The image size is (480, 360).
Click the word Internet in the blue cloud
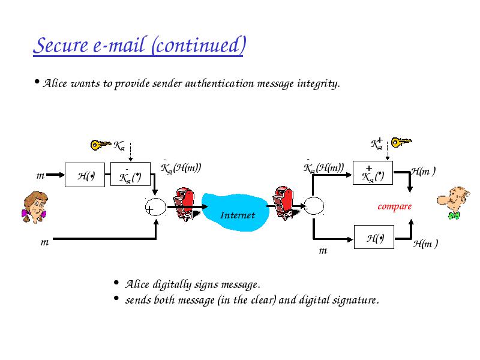coord(238,215)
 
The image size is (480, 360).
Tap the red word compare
coord(394,206)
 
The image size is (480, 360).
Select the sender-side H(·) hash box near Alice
coord(85,175)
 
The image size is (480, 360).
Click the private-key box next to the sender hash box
coord(130,174)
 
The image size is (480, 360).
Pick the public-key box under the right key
coord(373,173)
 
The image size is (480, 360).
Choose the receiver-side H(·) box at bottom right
coord(374,237)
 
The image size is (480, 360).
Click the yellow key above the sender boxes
coord(101,145)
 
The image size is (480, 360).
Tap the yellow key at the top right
coord(401,142)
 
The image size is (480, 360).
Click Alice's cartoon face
coord(35,207)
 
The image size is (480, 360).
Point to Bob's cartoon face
coord(454,203)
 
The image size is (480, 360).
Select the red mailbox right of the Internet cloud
coord(284,203)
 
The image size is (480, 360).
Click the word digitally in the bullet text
coord(172,284)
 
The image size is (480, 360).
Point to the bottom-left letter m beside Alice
coord(44,242)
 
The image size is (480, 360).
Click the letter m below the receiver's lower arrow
coord(323,251)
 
